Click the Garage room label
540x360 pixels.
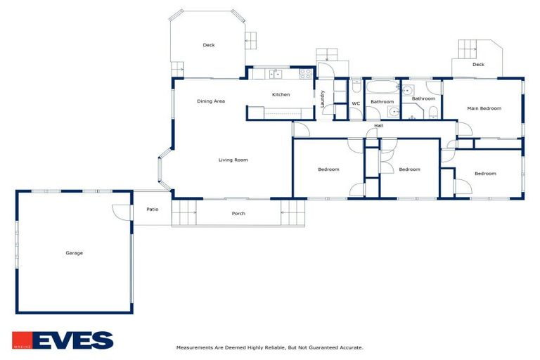tap(74, 253)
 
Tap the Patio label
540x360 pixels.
tap(152, 210)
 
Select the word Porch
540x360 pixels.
tap(238, 214)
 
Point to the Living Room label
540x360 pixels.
tap(233, 160)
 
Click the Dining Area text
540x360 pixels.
tap(210, 101)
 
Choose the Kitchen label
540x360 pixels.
tap(281, 95)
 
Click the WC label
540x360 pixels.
tap(356, 104)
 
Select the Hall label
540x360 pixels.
tap(378, 126)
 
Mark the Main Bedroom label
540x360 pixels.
tap(484, 108)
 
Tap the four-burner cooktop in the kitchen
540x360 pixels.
tap(306, 73)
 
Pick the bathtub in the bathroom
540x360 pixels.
tap(382, 89)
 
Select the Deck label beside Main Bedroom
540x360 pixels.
tap(478, 65)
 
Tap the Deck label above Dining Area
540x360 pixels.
tap(208, 45)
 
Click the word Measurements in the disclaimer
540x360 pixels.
tap(194, 347)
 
